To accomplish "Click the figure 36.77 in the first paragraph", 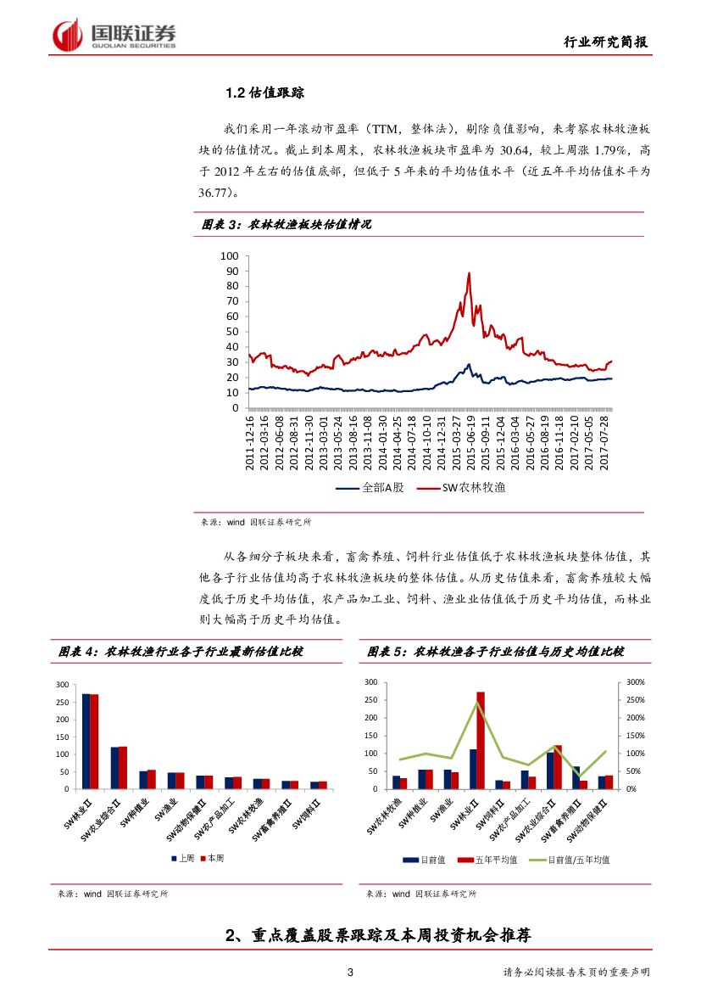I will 215,193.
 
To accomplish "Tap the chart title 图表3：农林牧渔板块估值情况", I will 287,224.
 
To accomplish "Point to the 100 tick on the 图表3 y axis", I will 230,255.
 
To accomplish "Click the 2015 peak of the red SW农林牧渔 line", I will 469,274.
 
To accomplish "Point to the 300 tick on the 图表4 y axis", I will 61,684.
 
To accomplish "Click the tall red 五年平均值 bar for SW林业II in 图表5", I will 481,741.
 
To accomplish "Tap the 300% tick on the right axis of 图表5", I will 636,682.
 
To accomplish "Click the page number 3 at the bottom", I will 350,972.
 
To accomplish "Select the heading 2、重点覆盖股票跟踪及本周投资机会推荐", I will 379,936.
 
